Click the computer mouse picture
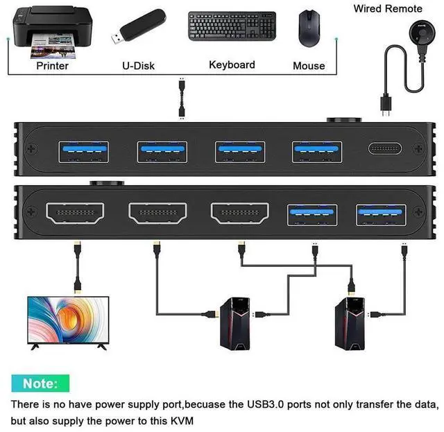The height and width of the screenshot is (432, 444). pyautogui.click(x=308, y=28)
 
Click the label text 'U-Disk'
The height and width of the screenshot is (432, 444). pyautogui.click(x=138, y=66)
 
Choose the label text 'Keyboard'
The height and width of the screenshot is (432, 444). pyautogui.click(x=232, y=64)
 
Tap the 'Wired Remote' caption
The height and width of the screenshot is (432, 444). pyautogui.click(x=388, y=8)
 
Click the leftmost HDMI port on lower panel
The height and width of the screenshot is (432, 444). pyautogui.click(x=74, y=213)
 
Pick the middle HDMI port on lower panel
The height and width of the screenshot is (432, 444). pyautogui.click(x=157, y=213)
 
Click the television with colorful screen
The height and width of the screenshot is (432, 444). pyautogui.click(x=67, y=320)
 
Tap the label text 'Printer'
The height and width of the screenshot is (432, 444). pyautogui.click(x=53, y=66)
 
